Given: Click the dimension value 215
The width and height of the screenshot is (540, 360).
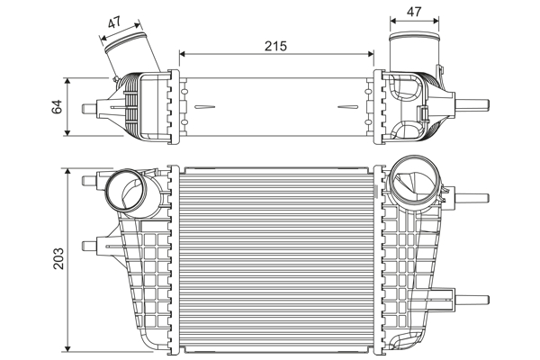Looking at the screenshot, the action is pos(275,46).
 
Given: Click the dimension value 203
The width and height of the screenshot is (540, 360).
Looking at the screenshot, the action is pos(58,258).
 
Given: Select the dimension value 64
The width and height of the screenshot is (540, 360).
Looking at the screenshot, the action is pos(57,106).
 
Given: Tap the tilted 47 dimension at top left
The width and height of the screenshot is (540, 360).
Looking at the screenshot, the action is pos(114,22).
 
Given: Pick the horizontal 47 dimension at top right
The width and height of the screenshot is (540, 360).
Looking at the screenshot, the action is pos(414,12).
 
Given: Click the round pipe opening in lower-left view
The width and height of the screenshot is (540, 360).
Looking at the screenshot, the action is pos(126,190).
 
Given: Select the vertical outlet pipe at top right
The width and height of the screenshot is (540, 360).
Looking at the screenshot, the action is pos(414,52).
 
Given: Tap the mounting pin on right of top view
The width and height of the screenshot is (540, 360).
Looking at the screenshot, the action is pos(472,104).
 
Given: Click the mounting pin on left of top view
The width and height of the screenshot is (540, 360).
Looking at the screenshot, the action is pos(90,108).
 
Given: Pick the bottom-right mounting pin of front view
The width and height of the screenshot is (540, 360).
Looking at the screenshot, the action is pos(472,300).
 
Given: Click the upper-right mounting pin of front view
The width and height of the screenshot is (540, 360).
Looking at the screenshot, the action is pos(472,198).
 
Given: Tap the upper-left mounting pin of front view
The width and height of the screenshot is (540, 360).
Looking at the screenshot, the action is pos(90,180).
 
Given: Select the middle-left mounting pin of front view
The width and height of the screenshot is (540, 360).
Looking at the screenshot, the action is pos(90,246).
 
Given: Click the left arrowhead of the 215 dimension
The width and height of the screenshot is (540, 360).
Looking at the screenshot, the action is pos(183,54).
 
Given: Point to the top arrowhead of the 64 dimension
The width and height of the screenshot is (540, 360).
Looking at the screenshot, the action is pos(67,81).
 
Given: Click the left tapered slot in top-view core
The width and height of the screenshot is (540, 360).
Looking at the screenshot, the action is pos(205,107).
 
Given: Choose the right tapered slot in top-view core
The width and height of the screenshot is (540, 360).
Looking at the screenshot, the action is pos(347,107).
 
